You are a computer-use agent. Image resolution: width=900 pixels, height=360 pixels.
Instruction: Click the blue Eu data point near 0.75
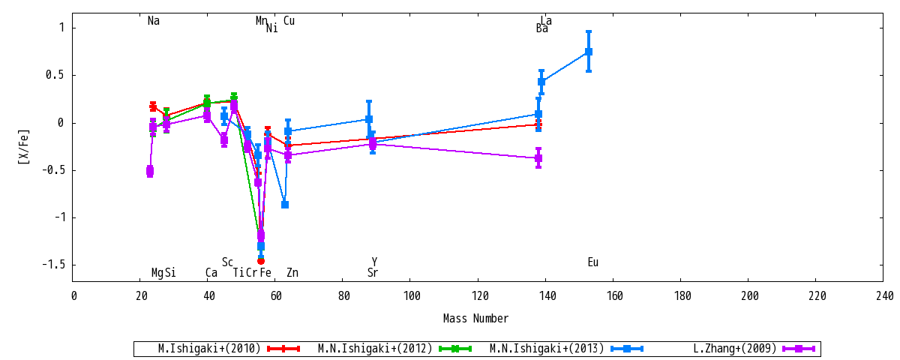click(x=589, y=52)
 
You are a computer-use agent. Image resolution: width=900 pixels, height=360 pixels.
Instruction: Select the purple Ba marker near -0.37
click(x=538, y=157)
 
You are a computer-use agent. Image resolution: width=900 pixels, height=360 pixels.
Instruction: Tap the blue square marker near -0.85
click(x=285, y=205)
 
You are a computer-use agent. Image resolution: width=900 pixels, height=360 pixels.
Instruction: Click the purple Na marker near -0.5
click(x=150, y=171)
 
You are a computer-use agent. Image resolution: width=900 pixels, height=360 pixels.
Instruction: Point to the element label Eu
click(x=593, y=262)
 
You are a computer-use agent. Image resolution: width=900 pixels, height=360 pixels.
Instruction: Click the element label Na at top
click(x=154, y=20)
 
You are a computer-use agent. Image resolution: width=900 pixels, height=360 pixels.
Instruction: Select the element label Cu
click(x=289, y=20)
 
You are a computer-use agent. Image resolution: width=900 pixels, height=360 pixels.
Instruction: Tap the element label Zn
click(x=292, y=272)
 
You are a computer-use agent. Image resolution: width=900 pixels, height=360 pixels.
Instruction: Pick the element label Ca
click(x=211, y=272)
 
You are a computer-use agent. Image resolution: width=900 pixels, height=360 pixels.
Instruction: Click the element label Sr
click(x=373, y=272)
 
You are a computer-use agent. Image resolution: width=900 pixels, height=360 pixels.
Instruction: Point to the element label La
click(x=546, y=20)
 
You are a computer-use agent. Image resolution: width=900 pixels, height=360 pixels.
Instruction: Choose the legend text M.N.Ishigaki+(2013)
click(x=547, y=348)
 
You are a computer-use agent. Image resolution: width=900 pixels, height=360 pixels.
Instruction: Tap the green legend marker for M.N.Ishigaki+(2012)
click(x=455, y=348)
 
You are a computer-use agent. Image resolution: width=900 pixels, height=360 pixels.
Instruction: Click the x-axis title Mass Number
click(x=475, y=319)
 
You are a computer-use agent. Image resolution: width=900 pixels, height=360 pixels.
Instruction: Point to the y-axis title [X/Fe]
click(x=24, y=147)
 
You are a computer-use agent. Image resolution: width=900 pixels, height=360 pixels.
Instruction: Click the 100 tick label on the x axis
click(x=412, y=296)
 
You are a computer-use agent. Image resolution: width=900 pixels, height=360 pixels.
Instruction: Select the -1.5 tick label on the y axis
click(x=53, y=264)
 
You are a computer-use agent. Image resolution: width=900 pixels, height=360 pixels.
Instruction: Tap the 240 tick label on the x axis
click(x=885, y=296)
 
